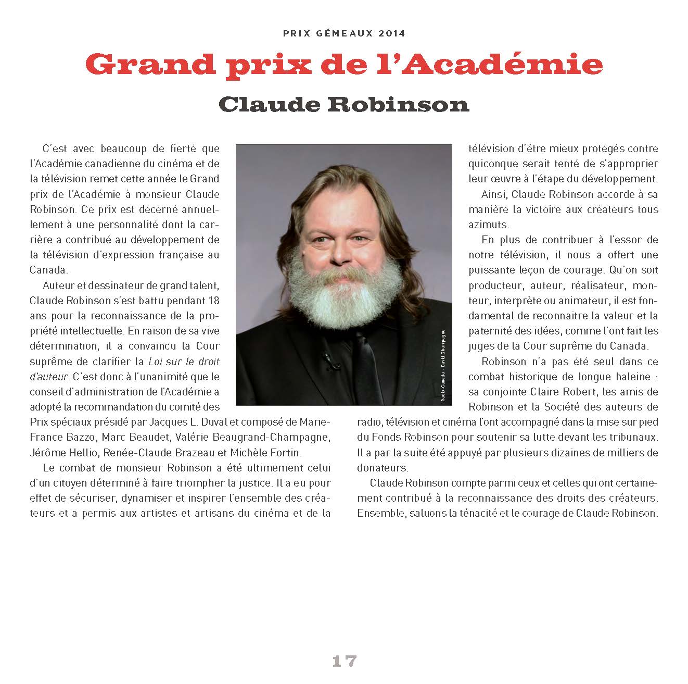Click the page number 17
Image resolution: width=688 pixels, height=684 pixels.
click(x=344, y=661)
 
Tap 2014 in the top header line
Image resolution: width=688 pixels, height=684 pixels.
click(x=392, y=33)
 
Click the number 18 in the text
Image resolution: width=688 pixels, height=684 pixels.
click(x=213, y=301)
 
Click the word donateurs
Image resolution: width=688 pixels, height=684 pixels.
click(x=381, y=467)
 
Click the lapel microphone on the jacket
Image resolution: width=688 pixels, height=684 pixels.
click(x=328, y=359)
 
